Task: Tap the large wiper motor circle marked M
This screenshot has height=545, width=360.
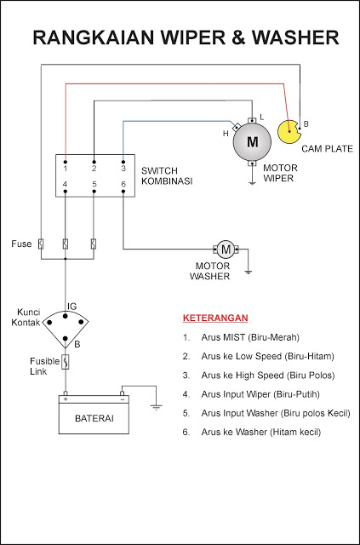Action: click(x=252, y=142)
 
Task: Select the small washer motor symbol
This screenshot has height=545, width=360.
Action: click(x=226, y=249)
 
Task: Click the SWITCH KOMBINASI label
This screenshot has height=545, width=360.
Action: click(x=166, y=175)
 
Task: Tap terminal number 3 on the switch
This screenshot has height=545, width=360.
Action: click(x=123, y=168)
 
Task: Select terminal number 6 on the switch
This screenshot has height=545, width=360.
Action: click(x=123, y=185)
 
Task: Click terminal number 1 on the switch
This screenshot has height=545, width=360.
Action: click(x=65, y=168)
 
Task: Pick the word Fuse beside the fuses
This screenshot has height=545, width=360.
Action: click(x=21, y=244)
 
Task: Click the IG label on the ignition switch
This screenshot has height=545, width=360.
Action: click(x=72, y=305)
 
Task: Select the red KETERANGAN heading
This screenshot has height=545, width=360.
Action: click(x=215, y=318)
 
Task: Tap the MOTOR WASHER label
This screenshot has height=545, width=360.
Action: click(x=209, y=270)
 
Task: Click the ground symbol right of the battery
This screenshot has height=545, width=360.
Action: click(x=157, y=407)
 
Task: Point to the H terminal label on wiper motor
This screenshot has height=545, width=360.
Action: click(x=226, y=134)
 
